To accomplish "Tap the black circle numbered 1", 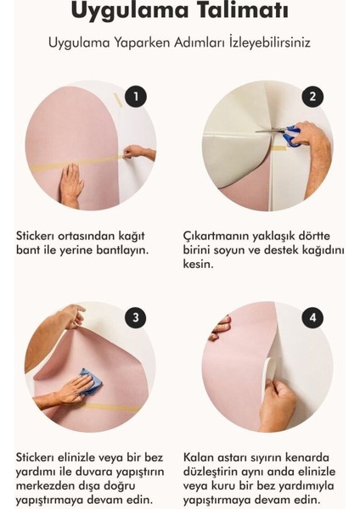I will [x=135, y=97].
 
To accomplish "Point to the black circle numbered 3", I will [x=135, y=318].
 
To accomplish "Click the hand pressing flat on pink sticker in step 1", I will [x=73, y=184].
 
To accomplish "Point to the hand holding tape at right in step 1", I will [x=138, y=153].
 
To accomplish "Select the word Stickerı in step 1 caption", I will [x=40, y=233].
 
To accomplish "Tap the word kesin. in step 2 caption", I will [x=201, y=264].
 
